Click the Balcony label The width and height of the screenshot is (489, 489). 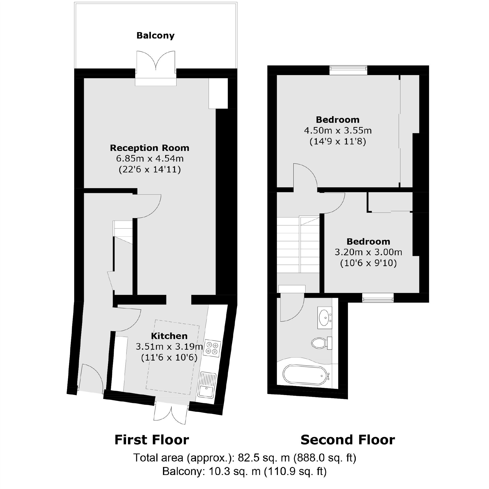pos(156,35)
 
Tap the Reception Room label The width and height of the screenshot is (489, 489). pos(149,148)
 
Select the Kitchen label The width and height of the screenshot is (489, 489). pos(169,336)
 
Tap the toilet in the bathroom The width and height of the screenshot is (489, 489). pos(321,343)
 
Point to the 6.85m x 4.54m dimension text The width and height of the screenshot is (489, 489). pos(150,159)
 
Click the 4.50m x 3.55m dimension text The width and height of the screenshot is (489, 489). pos(338,131)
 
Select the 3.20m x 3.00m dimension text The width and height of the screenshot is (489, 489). pos(368,252)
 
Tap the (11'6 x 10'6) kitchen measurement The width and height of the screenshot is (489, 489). pos(169,357)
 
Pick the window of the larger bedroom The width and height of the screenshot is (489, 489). pos(348,70)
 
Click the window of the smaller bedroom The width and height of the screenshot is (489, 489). pos(378,298)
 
